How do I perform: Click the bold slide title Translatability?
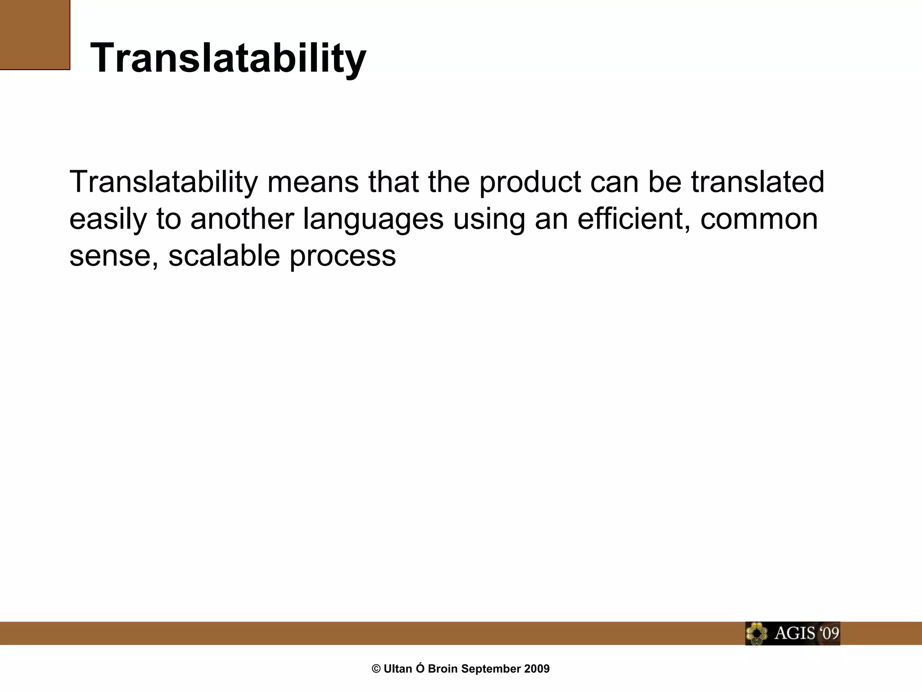tap(228, 58)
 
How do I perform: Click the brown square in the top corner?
tap(35, 35)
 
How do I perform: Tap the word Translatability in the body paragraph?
tap(163, 182)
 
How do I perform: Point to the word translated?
tap(757, 182)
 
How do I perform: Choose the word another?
tap(242, 219)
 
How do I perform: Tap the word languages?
tap(373, 219)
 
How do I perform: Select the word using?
tap(488, 219)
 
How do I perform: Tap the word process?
tap(342, 256)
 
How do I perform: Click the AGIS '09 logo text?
tap(806, 633)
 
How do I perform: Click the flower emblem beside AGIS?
tap(756, 634)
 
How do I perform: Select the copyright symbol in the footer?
tap(376, 669)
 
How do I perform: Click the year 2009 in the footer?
tap(537, 669)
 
